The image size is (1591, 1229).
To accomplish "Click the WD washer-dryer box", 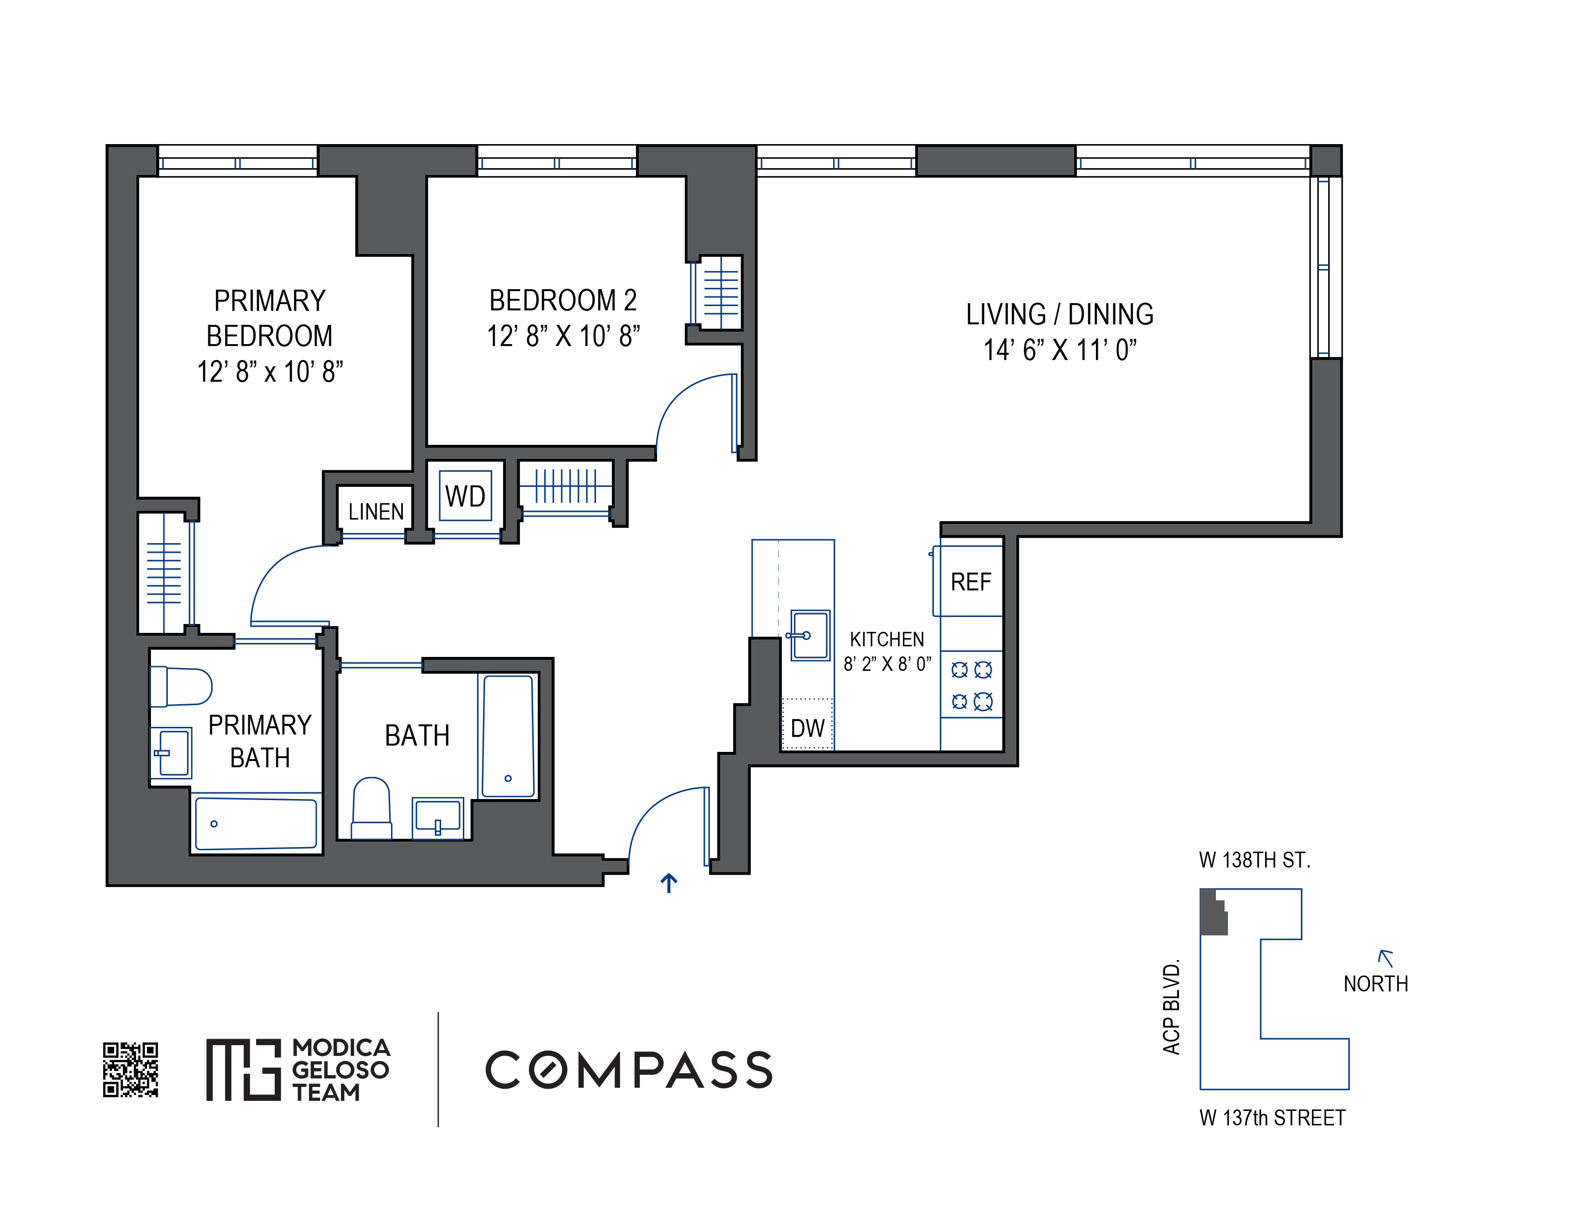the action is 466,496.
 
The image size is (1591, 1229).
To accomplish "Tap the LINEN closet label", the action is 376,512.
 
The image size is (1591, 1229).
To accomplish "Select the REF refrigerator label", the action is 971,582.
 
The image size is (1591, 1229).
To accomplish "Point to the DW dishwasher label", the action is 807,728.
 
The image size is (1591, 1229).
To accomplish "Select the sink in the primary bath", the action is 171,753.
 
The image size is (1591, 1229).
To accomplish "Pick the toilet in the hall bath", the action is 372,808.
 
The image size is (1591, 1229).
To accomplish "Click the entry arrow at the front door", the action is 669,883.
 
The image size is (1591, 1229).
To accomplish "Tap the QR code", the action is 130,1069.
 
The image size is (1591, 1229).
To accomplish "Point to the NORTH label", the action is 1375,984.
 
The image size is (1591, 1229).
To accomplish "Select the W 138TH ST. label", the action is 1254,861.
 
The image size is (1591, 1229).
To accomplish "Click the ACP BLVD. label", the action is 1171,1008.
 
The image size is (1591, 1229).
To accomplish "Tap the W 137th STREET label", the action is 1272,1118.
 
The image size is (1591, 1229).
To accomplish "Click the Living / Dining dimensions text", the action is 1060,350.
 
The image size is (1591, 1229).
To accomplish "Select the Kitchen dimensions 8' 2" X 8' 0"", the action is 887,664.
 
